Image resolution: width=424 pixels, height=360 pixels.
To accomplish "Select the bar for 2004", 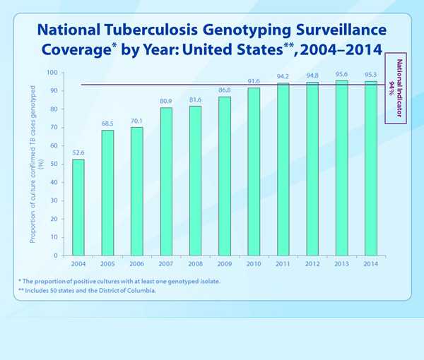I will (78, 208).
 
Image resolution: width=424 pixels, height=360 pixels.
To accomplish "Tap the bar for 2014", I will (370, 169).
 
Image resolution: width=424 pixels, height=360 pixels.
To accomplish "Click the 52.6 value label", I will (78, 152).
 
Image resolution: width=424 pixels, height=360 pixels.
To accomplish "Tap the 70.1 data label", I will (136, 121).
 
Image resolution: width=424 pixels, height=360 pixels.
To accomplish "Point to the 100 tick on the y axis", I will (52, 73).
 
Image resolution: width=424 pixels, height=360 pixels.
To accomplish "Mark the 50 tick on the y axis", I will (54, 164).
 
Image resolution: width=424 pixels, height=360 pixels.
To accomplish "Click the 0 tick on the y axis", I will (57, 256).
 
